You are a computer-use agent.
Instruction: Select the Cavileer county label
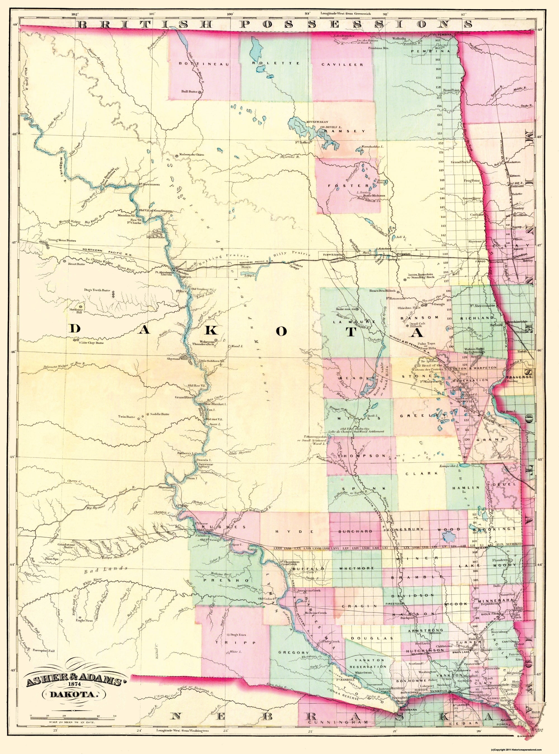click(x=342, y=64)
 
